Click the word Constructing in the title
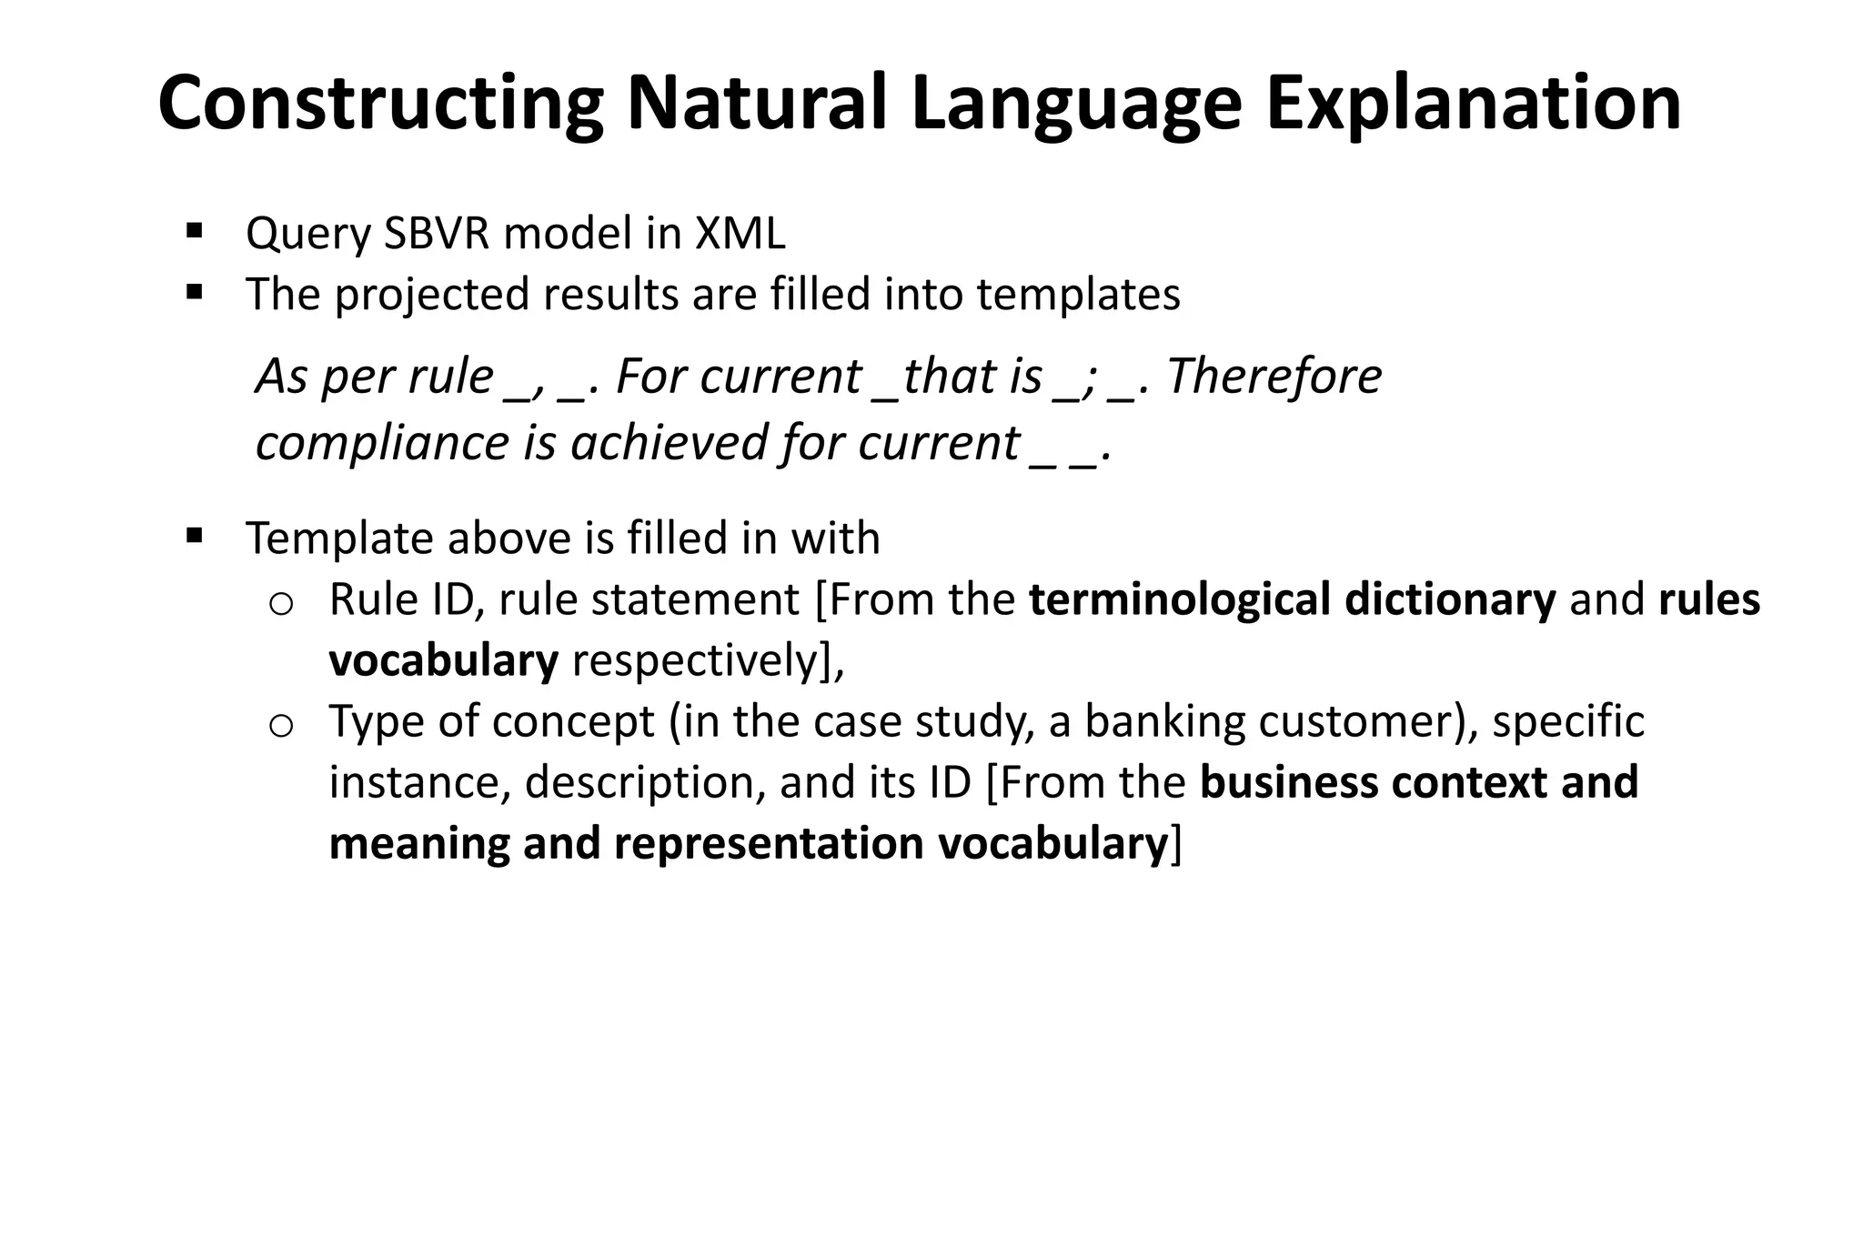[380, 105]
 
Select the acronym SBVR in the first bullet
[436, 234]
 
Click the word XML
[740, 234]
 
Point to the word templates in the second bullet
[1078, 295]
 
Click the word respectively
[696, 660]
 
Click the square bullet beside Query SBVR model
[193, 231]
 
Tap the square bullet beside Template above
[193, 536]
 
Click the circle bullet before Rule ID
[281, 603]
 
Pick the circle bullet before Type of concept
[281, 725]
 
